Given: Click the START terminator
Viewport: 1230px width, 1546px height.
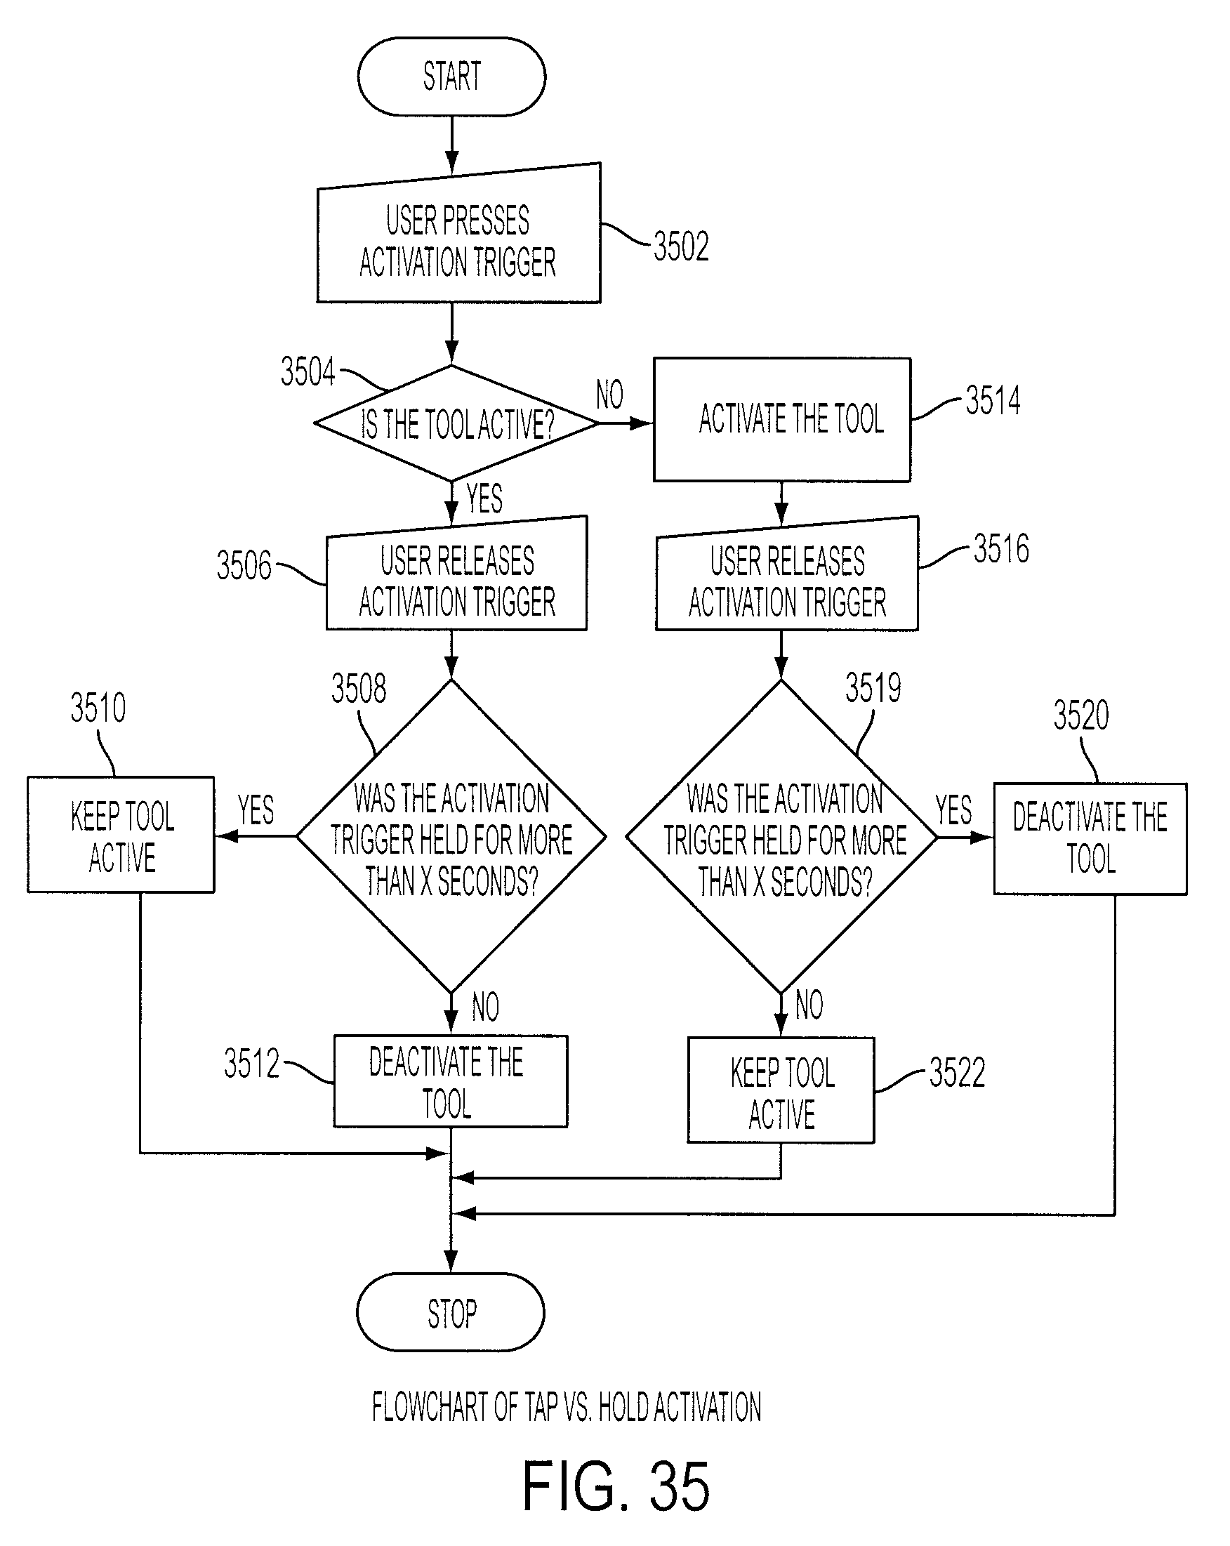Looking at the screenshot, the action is click(451, 77).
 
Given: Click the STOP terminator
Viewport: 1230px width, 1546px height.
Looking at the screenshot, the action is click(451, 1313).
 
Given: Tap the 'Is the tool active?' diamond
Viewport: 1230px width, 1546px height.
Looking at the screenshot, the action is click(456, 423).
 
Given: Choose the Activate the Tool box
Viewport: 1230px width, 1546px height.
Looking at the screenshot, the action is click(782, 419).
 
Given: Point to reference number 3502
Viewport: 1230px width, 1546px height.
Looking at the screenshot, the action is click(680, 246).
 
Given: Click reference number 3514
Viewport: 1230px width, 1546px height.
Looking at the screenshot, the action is click(993, 400).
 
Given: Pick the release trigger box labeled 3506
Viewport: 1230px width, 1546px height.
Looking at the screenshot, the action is click(456, 574).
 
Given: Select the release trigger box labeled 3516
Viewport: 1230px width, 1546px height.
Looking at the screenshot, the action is click(787, 574).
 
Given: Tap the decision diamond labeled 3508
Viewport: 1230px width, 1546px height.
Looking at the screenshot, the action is click(451, 836).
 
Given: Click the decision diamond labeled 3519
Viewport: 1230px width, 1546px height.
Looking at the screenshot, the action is click(781, 836).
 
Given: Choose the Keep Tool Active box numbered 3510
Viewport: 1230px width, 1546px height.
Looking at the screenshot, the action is click(121, 835).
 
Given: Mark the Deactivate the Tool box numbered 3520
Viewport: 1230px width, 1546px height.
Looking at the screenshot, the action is click(1090, 839).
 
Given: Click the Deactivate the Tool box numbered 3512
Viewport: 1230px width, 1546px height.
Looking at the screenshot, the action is click(451, 1081).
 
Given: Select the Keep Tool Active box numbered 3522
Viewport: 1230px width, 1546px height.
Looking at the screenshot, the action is click(781, 1090).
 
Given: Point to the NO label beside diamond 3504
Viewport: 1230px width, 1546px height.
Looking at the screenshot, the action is click(609, 395).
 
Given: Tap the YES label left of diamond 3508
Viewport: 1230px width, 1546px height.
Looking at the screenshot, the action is click(256, 810).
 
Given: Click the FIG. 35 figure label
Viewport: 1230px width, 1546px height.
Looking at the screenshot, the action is click(616, 1487).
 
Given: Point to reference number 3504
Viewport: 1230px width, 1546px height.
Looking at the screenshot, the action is click(307, 371).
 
